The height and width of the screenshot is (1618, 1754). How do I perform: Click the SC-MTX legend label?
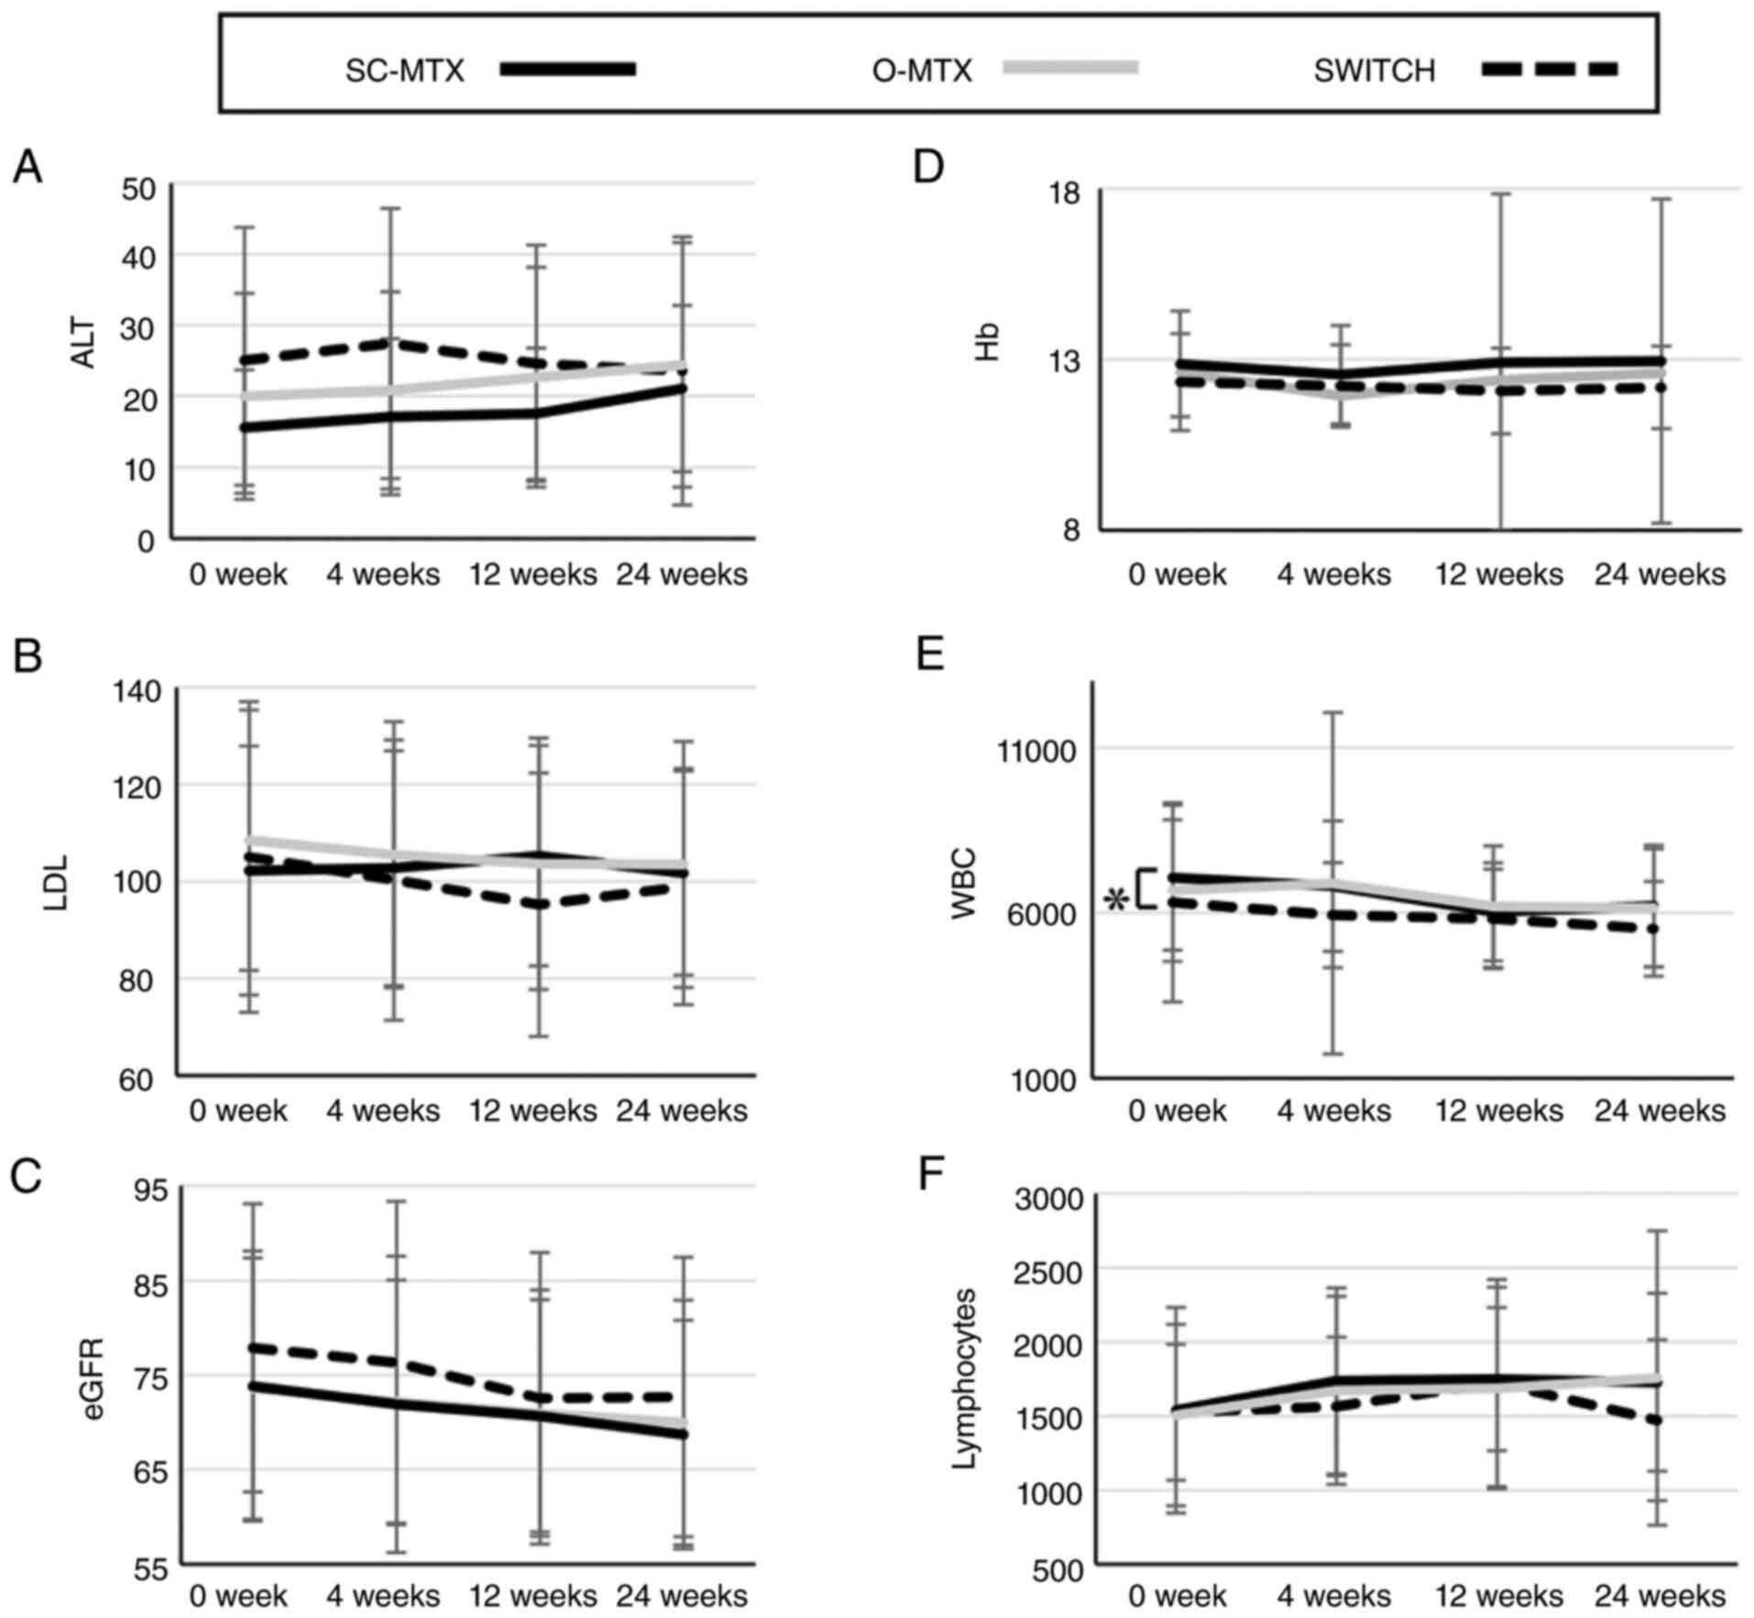coord(405,71)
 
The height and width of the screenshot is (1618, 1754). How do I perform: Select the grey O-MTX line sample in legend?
coord(1070,67)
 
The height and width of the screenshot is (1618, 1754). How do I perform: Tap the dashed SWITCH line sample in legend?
coord(1550,69)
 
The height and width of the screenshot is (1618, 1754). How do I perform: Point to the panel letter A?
coord(27,168)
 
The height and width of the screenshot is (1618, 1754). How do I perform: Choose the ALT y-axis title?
coord(83,347)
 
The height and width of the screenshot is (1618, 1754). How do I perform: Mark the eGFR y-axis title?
coord(93,1379)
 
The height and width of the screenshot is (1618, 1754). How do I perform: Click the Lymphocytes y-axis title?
coord(964,1378)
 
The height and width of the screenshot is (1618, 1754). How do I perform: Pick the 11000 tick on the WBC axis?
coord(1038,752)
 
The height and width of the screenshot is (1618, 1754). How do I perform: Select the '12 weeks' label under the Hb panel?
coord(1499,575)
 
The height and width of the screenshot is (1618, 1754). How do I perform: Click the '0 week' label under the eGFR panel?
coord(238,1596)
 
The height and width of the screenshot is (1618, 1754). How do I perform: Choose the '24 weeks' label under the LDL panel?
coord(682,1111)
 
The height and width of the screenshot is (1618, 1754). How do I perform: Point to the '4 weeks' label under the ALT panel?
coord(383,575)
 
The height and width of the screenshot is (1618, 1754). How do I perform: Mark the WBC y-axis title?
coord(964,885)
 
